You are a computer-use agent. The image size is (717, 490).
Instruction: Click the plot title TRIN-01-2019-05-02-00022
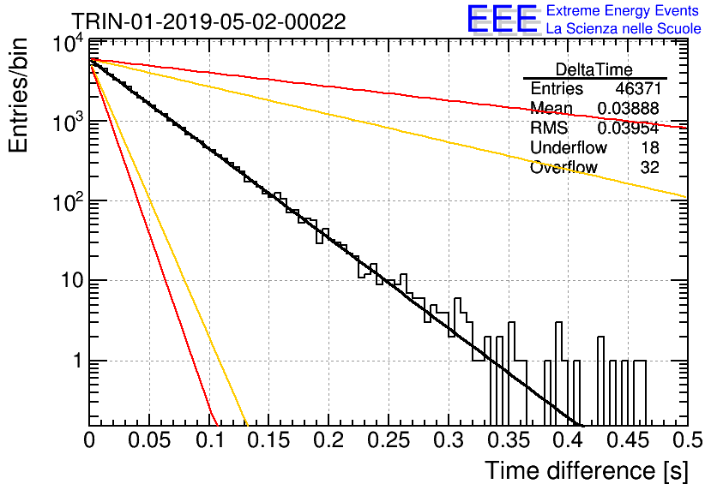pyautogui.click(x=209, y=21)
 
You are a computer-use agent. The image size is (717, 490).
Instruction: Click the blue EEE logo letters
pyautogui.click(x=503, y=19)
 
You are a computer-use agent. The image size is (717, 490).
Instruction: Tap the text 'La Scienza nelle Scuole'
pyautogui.click(x=624, y=28)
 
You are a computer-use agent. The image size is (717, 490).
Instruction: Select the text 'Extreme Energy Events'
pyautogui.click(x=623, y=10)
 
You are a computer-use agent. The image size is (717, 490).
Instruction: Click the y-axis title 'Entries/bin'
pyautogui.click(x=18, y=95)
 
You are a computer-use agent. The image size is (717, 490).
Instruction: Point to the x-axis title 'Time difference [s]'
pyautogui.click(x=587, y=471)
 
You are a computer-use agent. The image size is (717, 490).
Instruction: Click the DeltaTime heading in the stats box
pyautogui.click(x=593, y=69)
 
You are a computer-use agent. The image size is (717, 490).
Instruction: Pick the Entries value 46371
pyautogui.click(x=637, y=88)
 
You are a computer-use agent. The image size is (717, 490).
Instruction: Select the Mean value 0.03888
pyautogui.click(x=628, y=108)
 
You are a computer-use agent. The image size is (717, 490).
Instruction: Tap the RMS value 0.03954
pyautogui.click(x=628, y=128)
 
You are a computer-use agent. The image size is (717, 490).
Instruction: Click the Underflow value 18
pyautogui.click(x=650, y=147)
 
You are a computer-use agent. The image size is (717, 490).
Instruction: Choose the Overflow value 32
pyautogui.click(x=650, y=167)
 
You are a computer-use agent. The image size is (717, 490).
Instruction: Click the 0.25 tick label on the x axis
pyautogui.click(x=389, y=440)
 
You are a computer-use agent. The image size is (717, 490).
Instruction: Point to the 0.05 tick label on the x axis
pyautogui.click(x=149, y=440)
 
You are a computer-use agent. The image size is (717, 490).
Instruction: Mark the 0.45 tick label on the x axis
pyautogui.click(x=628, y=440)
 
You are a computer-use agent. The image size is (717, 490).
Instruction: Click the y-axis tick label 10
pyautogui.click(x=72, y=280)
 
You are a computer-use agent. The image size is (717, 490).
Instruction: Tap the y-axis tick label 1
pyautogui.click(x=78, y=361)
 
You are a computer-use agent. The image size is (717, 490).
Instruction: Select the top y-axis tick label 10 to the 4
pyautogui.click(x=68, y=44)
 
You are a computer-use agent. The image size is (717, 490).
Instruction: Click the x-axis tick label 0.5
pyautogui.click(x=688, y=440)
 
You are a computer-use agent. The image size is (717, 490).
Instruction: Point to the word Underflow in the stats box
pyautogui.click(x=569, y=147)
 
